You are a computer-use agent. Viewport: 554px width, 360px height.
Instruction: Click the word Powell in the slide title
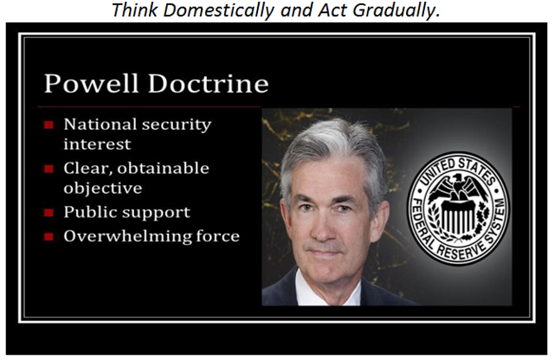(91, 84)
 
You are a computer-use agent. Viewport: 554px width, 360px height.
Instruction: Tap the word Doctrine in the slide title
(209, 84)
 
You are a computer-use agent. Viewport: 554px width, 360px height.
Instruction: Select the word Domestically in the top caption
(219, 10)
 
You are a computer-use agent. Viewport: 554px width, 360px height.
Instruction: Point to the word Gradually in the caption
(396, 10)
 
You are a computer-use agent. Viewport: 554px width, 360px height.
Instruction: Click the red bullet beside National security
(48, 125)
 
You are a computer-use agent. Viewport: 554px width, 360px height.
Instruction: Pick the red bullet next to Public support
(48, 213)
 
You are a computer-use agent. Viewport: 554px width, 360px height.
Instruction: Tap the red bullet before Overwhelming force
(48, 236)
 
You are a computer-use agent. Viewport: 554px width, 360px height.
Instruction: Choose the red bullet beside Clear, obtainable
(48, 169)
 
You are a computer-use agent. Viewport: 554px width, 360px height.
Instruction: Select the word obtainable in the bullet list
(164, 169)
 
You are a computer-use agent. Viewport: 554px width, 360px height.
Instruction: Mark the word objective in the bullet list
(103, 188)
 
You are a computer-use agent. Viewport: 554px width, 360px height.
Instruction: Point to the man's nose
(323, 227)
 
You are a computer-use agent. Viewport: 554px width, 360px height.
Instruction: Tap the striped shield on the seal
(458, 219)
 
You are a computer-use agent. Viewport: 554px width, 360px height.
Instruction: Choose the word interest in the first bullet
(97, 145)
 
